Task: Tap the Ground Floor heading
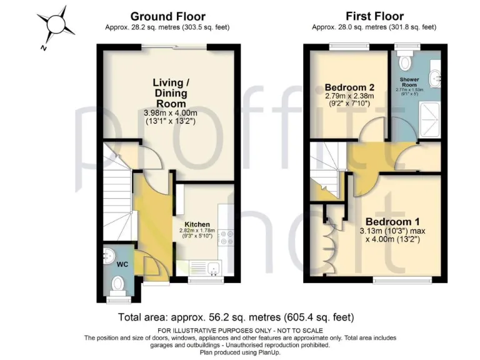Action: (167, 16)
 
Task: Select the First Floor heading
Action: (374, 16)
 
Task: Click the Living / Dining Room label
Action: (171, 92)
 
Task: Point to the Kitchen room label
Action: (197, 224)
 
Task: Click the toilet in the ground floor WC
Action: (116, 286)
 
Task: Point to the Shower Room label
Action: (413, 82)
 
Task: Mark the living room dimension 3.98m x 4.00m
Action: (171, 113)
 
